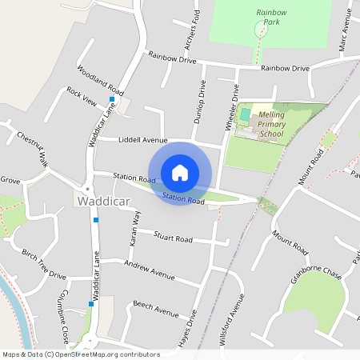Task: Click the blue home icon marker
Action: point(180,173)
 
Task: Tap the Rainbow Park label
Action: point(271,18)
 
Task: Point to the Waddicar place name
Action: point(104,202)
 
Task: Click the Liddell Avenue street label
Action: point(142,139)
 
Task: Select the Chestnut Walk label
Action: point(32,148)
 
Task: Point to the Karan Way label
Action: point(135,227)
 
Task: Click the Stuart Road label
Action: point(173,238)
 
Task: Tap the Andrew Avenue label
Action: point(149,271)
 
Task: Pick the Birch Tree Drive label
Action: point(44,264)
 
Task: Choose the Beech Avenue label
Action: point(155,309)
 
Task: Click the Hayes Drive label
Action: point(191,333)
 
